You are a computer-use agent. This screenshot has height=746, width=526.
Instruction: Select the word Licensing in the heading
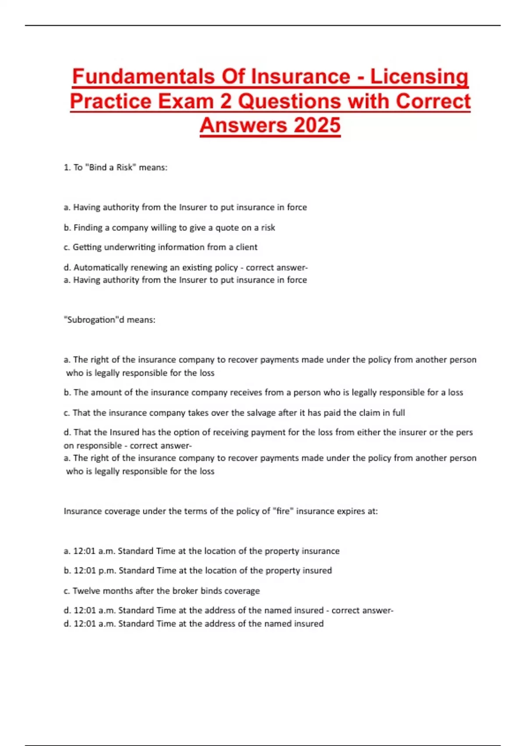(x=419, y=76)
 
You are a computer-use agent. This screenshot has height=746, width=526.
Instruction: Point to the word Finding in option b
(x=88, y=227)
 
